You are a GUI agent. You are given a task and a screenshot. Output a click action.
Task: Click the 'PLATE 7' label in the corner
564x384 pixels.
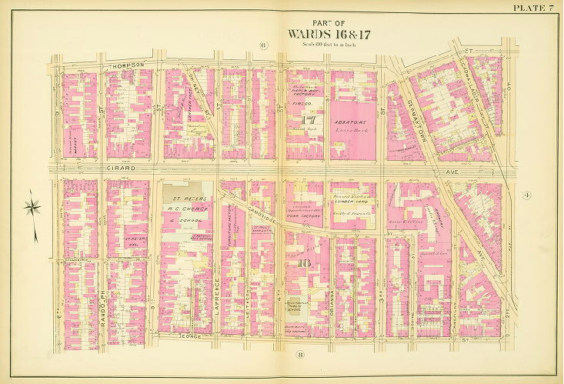pos(533,8)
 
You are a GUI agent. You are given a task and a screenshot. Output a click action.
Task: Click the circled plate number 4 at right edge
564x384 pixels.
pos(527,196)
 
